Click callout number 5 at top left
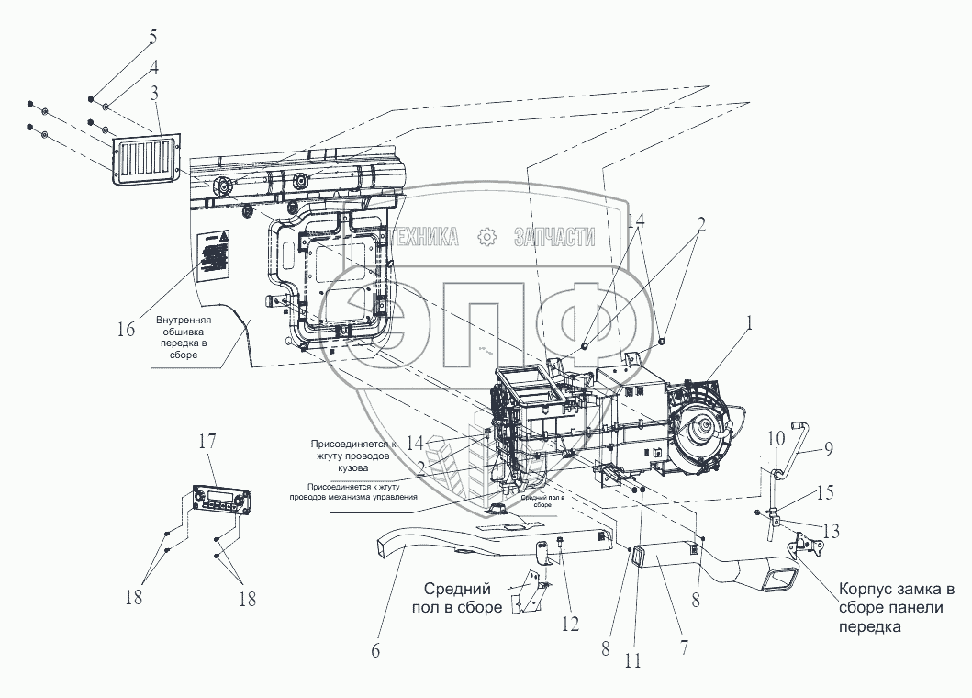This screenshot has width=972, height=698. tap(152, 38)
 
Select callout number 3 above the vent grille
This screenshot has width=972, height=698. tap(155, 93)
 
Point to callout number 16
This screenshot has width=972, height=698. tap(127, 328)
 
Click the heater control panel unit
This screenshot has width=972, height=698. tap(220, 500)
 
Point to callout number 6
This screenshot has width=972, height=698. tap(374, 651)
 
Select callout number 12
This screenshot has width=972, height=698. tap(571, 624)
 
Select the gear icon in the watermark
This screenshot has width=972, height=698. tap(486, 238)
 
